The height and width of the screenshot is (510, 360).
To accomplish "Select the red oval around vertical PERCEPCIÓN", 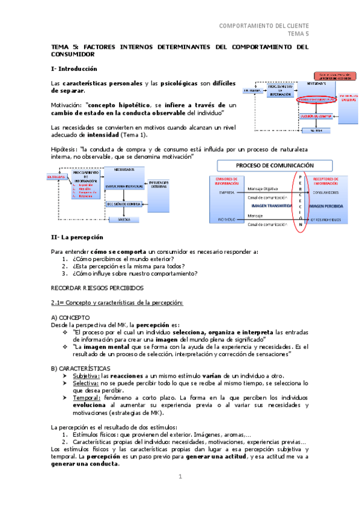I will tap(301, 201).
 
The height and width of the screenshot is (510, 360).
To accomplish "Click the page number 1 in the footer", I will tap(180, 476).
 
